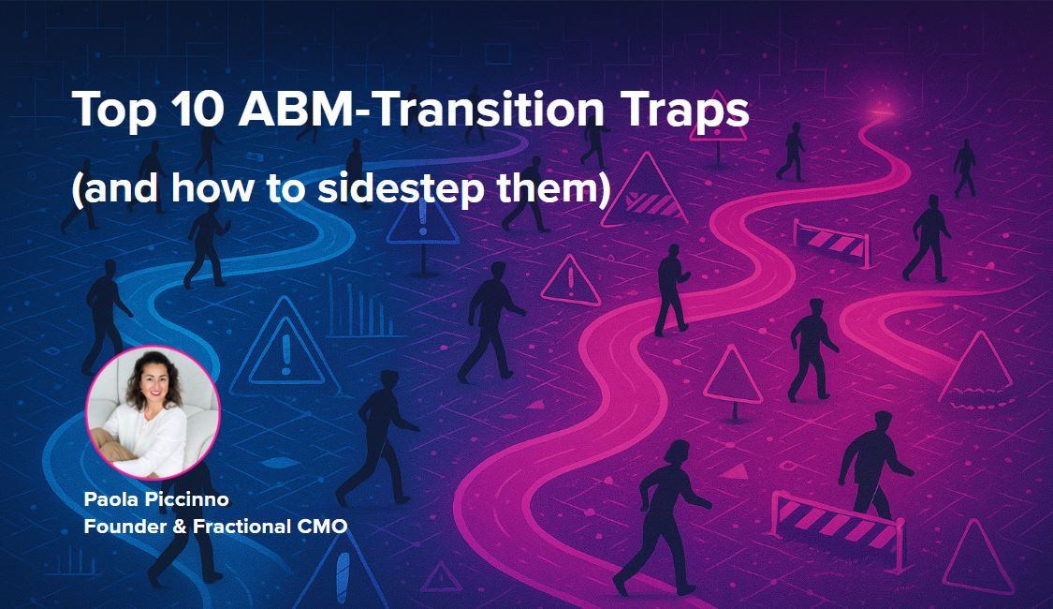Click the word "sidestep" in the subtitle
401,188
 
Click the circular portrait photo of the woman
154,413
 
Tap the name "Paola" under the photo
110,499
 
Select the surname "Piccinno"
186,499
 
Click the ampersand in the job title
180,527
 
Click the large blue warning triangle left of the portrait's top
284,349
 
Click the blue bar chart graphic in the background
362,308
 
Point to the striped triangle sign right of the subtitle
644,190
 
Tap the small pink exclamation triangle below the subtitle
571,280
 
